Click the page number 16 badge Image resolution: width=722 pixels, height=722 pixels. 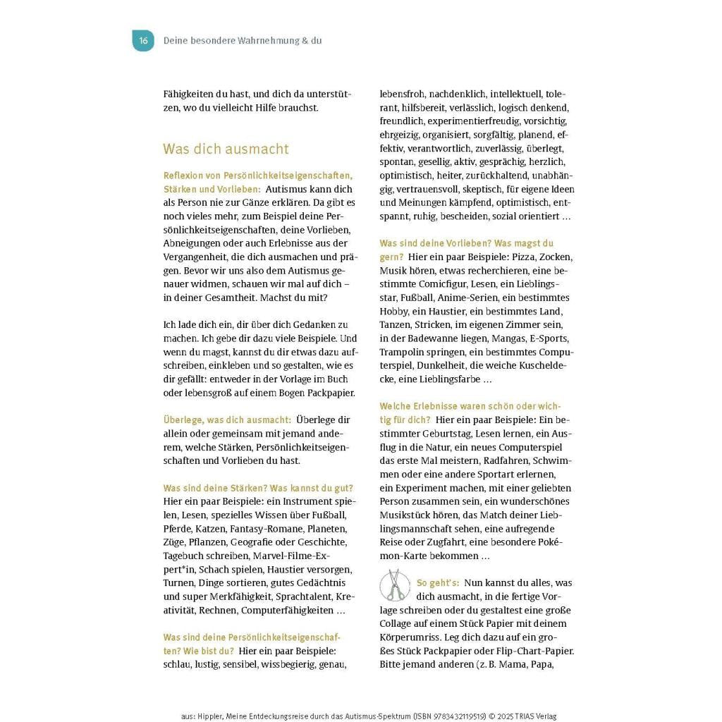(x=143, y=41)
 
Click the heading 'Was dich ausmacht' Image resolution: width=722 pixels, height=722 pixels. (x=226, y=149)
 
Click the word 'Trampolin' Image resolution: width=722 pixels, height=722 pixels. (x=402, y=352)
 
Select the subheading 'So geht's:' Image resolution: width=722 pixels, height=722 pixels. (x=438, y=583)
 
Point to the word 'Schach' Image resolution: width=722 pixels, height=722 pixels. (x=214, y=569)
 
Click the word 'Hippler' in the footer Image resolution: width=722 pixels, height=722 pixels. (x=211, y=716)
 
